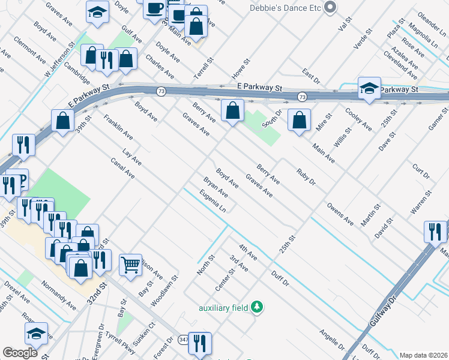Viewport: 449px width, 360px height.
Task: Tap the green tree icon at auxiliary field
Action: click(x=257, y=307)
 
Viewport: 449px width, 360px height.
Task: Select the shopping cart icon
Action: click(x=130, y=263)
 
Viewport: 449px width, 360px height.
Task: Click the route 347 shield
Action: click(x=182, y=340)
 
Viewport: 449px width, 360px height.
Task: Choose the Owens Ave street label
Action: click(x=340, y=213)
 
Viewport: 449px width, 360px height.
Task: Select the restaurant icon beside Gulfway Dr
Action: click(x=435, y=231)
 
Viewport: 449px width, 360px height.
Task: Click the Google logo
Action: click(x=20, y=353)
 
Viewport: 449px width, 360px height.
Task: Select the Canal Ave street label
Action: click(x=122, y=169)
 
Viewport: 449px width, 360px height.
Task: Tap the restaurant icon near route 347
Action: click(x=200, y=343)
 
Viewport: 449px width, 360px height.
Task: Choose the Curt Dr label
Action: click(x=421, y=170)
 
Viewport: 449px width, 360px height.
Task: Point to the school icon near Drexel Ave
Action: click(x=36, y=334)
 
